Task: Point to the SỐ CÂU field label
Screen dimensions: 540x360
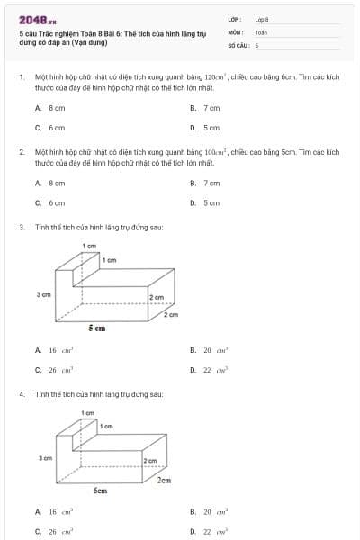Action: [x=237, y=44]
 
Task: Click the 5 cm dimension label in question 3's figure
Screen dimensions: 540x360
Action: [x=96, y=328]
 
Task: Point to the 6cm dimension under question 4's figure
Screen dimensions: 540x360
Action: [x=100, y=490]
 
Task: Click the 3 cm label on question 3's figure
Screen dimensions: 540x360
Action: [x=42, y=294]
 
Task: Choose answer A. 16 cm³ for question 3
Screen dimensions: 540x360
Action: [x=53, y=350]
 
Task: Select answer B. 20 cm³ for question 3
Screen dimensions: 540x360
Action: [x=210, y=350]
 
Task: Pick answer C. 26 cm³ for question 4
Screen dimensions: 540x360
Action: [x=53, y=531]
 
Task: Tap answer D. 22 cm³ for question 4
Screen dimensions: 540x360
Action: [x=210, y=531]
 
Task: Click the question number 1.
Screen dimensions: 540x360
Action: [x=21, y=78]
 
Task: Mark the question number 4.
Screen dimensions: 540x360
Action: [x=21, y=394]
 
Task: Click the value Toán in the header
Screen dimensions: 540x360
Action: [x=261, y=31]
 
